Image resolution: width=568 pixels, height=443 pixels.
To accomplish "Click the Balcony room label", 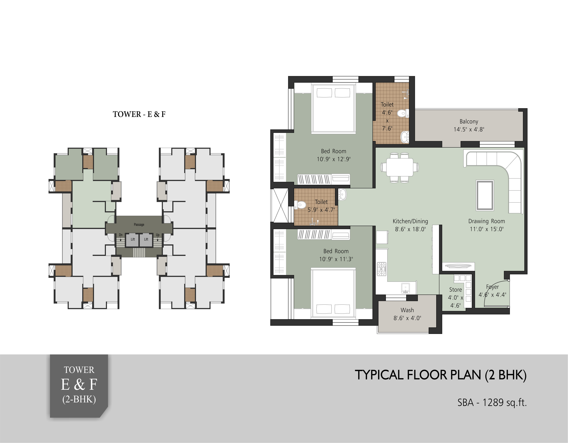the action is pos(469,121).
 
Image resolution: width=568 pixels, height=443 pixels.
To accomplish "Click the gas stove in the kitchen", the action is pos(382,269).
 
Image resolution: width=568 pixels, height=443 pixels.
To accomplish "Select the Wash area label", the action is pos(407,310).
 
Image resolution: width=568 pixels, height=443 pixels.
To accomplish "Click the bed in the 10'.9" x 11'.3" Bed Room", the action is pos(333,293).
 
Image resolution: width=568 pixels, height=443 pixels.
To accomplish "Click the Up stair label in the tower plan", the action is pos(158,235).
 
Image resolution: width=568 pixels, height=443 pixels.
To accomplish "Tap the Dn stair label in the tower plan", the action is pos(121,235).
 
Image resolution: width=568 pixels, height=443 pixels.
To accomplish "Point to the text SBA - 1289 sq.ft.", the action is pos(492,403).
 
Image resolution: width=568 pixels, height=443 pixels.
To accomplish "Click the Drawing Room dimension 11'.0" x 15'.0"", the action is pos(487,229).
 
